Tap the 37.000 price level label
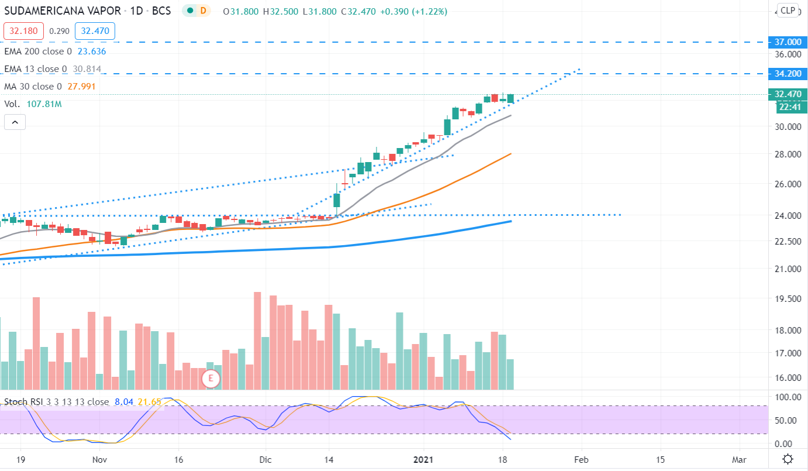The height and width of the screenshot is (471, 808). [788, 42]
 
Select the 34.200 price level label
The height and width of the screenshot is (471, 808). [788, 74]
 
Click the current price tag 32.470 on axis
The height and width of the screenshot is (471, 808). [788, 94]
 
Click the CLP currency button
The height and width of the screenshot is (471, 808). [788, 10]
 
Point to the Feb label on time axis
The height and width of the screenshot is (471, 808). [582, 459]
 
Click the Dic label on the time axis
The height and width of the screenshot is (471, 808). [265, 459]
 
